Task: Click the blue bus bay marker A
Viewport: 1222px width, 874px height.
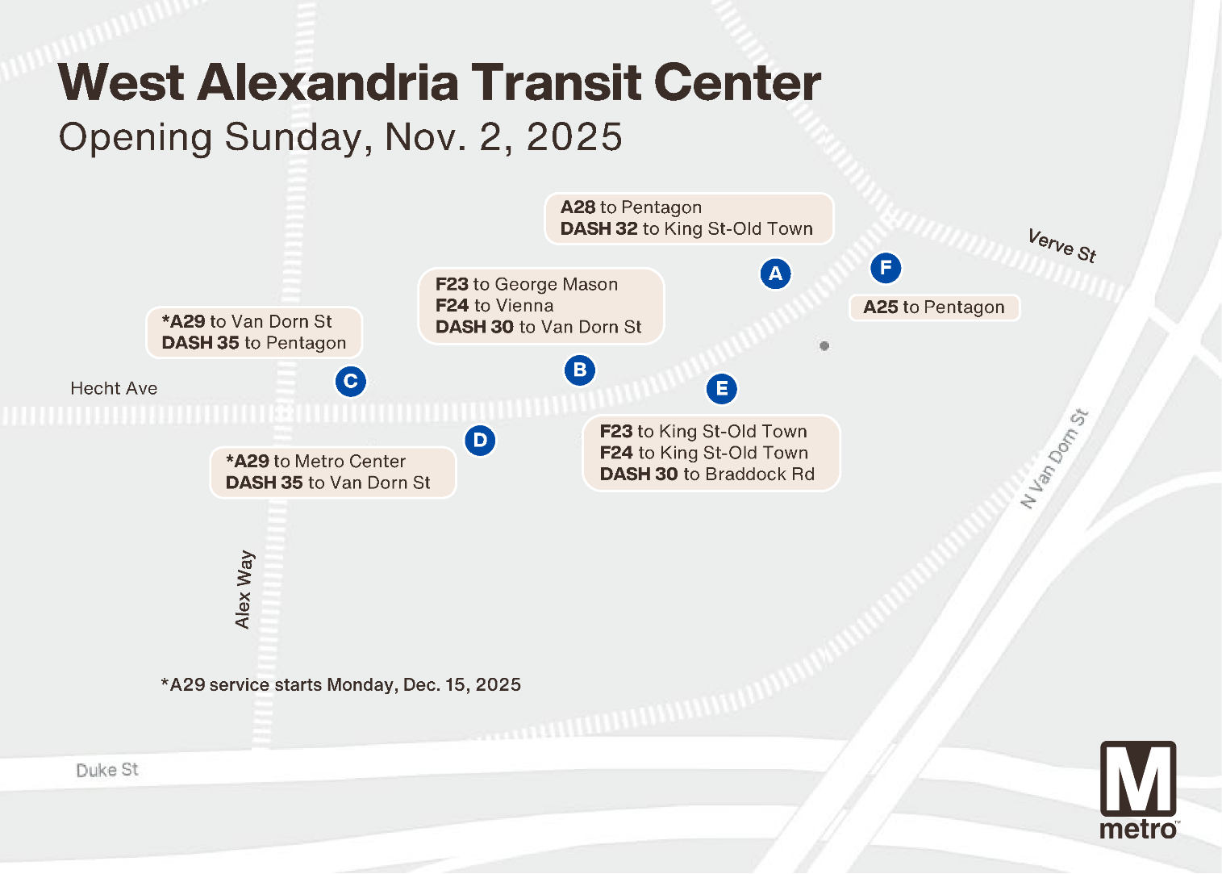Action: point(775,274)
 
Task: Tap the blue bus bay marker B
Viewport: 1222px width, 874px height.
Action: point(579,370)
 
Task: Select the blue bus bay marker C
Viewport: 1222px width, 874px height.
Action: point(350,381)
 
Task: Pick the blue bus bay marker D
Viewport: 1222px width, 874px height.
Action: point(480,441)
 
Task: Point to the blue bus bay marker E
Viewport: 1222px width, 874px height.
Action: point(722,389)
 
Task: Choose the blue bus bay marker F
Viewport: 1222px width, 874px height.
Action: point(886,268)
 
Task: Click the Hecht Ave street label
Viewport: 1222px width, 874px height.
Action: point(114,388)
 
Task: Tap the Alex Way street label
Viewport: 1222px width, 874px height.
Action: point(244,589)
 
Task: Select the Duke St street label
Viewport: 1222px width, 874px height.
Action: point(107,770)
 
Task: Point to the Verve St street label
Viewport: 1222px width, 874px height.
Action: point(1061,245)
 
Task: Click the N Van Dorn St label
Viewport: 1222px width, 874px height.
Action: point(1054,458)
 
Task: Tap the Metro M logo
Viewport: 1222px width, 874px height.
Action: point(1138,780)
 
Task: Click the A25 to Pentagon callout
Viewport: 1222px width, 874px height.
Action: point(934,307)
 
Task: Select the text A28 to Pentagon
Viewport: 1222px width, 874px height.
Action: point(631,207)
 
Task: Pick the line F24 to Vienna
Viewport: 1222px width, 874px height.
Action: point(494,306)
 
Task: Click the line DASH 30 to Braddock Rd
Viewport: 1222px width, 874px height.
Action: point(707,475)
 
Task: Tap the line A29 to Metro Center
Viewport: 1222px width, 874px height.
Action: point(316,462)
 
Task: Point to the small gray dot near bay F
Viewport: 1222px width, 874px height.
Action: point(824,346)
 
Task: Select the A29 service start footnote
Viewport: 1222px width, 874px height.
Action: point(341,685)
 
